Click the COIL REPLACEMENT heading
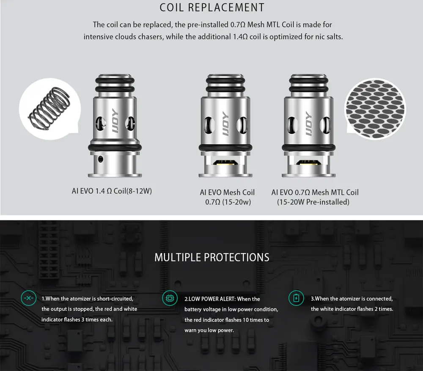[212, 8]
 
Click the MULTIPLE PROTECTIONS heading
[211, 257]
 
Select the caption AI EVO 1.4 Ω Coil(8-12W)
[112, 191]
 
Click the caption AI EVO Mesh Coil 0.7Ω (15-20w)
[228, 197]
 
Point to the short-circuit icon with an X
[28, 298]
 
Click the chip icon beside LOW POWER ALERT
[169, 298]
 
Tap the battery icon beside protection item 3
[296, 298]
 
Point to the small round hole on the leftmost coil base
[100, 159]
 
